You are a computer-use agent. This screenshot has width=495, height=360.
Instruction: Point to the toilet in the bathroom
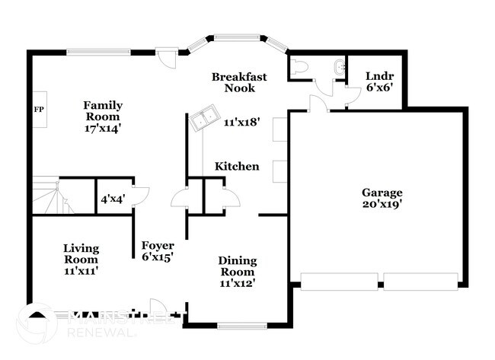[299, 68]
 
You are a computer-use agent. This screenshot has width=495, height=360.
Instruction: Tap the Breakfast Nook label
[238, 82]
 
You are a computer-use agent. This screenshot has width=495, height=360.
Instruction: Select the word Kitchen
[236, 167]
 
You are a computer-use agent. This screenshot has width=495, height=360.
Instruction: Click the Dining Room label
[238, 266]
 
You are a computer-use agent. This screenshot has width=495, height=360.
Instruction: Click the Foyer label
[158, 246]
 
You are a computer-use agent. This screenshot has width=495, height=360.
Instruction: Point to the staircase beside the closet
[48, 196]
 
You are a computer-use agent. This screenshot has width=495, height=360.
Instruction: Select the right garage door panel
[420, 281]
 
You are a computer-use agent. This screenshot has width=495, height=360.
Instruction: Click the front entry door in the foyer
[159, 304]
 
